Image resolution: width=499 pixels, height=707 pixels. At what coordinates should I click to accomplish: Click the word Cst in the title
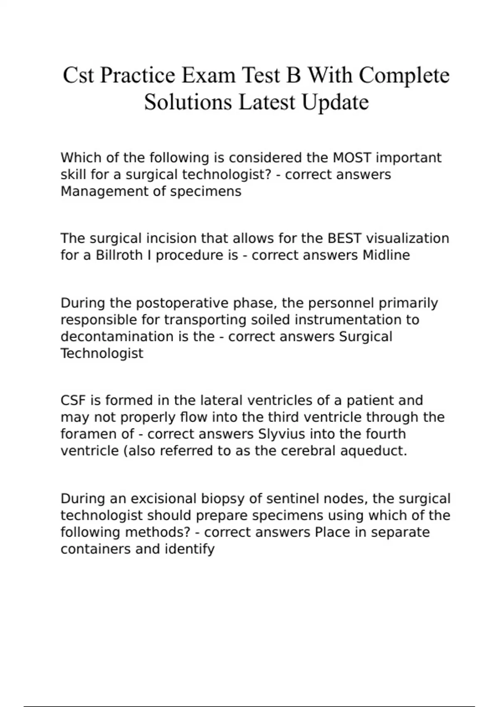[78, 76]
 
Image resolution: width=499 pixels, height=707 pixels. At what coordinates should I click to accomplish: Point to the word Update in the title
[335, 102]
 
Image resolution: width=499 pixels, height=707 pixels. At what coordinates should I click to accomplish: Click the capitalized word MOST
[353, 158]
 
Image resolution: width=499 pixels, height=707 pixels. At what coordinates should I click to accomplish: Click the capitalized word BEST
[345, 238]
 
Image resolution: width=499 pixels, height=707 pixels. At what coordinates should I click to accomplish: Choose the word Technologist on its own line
[102, 353]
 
